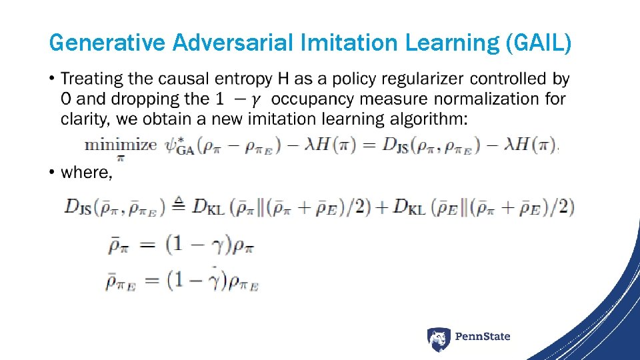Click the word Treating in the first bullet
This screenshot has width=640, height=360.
(x=92, y=79)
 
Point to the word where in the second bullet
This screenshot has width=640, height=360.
(x=85, y=173)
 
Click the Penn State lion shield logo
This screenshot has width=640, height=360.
(x=438, y=339)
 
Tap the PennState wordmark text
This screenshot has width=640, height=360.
(x=483, y=337)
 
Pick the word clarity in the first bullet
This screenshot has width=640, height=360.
(x=83, y=119)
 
